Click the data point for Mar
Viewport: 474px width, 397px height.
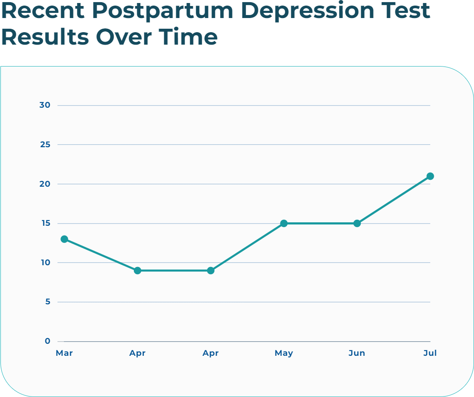pos(64,239)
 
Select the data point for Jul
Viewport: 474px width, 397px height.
pos(430,176)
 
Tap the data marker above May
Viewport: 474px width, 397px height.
pos(284,223)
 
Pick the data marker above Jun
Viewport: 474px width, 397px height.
pos(357,223)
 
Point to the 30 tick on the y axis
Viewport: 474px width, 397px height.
pos(45,105)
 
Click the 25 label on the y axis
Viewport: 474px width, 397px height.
pos(45,145)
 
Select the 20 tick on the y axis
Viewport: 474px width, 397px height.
pos(45,184)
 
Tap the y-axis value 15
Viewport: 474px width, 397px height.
pos(45,223)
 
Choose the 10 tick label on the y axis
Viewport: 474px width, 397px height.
pos(45,263)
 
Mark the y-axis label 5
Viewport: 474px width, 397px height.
pos(48,302)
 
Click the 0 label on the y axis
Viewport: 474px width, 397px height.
pos(48,341)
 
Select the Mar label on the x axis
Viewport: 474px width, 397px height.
pos(64,353)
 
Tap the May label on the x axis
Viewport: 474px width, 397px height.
pos(284,353)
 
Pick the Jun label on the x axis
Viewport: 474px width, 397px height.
pos(357,353)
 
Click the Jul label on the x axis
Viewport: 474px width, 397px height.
pos(430,353)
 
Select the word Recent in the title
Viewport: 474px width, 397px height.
pos(43,11)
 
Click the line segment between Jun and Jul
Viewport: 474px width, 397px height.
pos(394,200)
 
